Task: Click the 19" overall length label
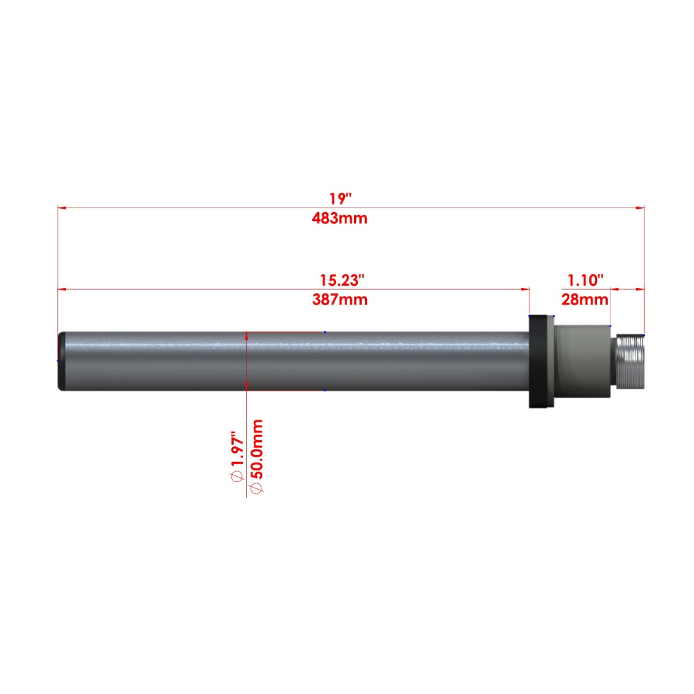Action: pyautogui.click(x=340, y=199)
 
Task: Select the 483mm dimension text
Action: pyautogui.click(x=339, y=218)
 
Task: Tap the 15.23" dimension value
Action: pyautogui.click(x=342, y=280)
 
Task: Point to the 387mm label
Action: pyautogui.click(x=339, y=299)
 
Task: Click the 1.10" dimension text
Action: pyautogui.click(x=585, y=280)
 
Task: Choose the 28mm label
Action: pyautogui.click(x=585, y=299)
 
